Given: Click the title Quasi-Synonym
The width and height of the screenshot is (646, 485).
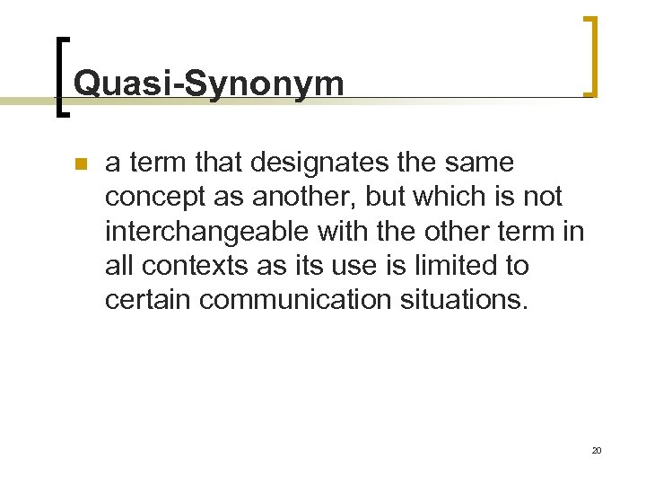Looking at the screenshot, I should coord(208,84).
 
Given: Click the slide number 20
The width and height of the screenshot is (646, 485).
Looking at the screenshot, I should coord(596,450).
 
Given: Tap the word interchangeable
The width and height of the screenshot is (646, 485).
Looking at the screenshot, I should coord(207,232).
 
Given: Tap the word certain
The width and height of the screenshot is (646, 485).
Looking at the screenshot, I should coord(148,300).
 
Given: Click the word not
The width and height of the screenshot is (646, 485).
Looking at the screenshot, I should coord(544,198).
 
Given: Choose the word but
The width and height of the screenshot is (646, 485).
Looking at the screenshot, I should coord(383,198).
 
